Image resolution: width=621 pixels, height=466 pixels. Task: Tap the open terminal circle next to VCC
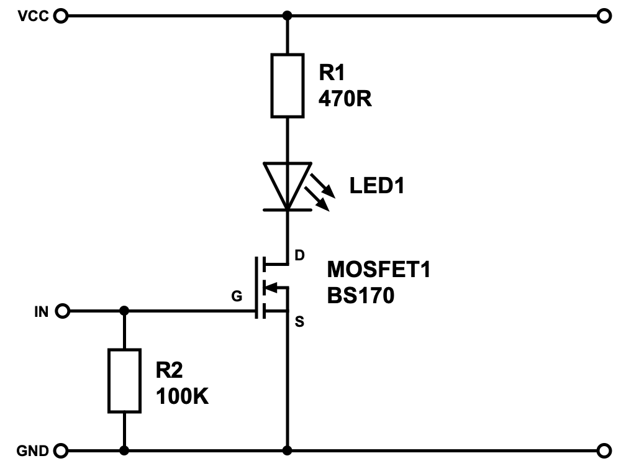[x=60, y=16]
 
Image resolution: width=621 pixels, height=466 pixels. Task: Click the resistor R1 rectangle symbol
[x=288, y=85]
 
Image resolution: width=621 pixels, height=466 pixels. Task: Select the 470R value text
[x=345, y=98]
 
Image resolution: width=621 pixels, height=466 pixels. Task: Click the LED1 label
[x=376, y=185]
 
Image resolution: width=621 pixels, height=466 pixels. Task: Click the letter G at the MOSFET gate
[x=236, y=296]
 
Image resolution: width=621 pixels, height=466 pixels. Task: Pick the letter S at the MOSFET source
[x=299, y=321]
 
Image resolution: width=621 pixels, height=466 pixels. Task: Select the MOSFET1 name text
[x=379, y=270]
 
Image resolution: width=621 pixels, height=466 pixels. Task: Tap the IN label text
[x=41, y=311]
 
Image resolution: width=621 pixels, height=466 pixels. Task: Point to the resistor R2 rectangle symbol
[x=124, y=380]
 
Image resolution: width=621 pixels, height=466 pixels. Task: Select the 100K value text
[x=182, y=396]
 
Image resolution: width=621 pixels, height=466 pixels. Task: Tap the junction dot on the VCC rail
[x=287, y=16]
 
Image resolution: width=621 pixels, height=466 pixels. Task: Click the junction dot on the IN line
[x=124, y=311]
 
